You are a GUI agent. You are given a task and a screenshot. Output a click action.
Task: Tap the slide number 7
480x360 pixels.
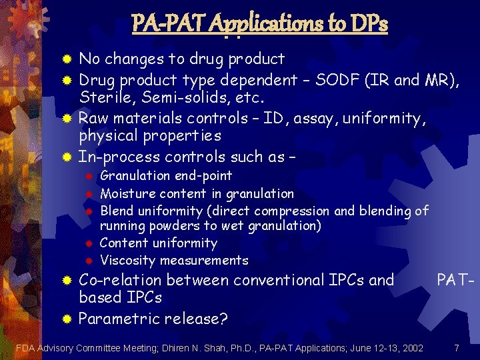pos(456,347)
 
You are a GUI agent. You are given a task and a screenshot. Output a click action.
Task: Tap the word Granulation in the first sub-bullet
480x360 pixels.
pos(135,175)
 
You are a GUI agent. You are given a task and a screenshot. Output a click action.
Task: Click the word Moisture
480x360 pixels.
pos(126,193)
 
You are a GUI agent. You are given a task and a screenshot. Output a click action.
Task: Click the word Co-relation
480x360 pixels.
pos(120,279)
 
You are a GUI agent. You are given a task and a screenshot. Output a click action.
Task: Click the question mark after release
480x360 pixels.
pos(223,318)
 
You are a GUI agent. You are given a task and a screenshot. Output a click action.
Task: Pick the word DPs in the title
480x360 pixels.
pos(367,25)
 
